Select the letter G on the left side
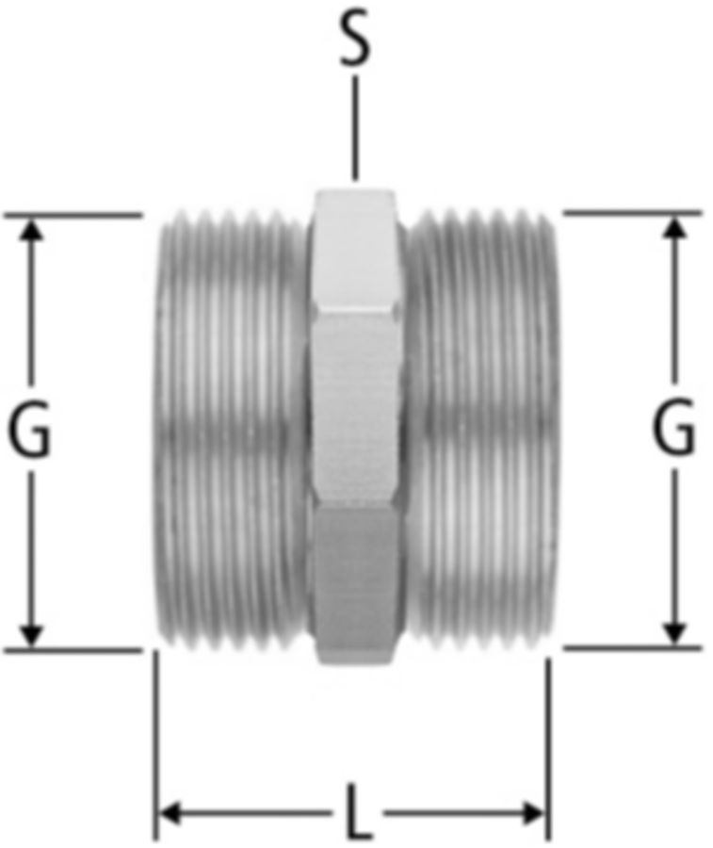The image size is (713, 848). [x=29, y=429]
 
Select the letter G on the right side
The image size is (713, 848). [x=673, y=426]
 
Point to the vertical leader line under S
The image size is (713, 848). [x=354, y=127]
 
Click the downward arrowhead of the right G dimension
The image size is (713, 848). [x=674, y=633]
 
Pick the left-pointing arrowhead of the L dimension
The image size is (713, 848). [x=170, y=813]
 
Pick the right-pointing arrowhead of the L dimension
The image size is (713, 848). [x=533, y=813]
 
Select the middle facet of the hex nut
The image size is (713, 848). [x=353, y=410]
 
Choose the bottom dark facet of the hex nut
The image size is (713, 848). [x=354, y=585]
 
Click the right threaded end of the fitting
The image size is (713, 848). [x=481, y=430]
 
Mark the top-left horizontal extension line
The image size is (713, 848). [x=73, y=215]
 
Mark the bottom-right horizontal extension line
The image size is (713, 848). [x=632, y=647]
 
